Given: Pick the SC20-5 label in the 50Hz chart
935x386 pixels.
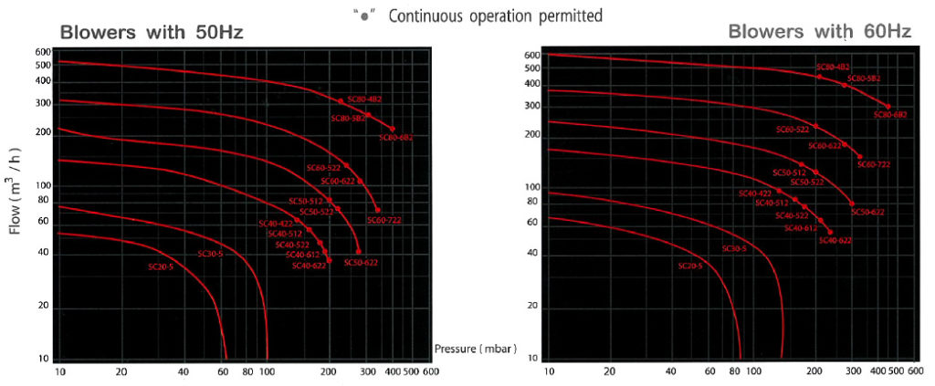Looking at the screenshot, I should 161,266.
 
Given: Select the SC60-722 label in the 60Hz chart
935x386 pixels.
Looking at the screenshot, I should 871,164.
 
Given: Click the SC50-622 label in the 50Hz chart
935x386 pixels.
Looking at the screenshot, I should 361,263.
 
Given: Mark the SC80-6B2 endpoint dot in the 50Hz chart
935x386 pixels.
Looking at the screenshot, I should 393,129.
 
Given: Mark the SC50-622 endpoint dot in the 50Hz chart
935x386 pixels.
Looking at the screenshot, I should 358,252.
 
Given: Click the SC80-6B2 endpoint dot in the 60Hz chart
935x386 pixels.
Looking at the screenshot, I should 888,107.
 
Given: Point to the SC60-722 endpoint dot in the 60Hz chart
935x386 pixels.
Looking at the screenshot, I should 859,156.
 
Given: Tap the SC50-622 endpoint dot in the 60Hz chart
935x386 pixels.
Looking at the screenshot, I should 852,203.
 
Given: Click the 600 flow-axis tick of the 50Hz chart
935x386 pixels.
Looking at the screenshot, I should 41,52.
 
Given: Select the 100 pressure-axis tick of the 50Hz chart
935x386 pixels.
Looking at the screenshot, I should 267,372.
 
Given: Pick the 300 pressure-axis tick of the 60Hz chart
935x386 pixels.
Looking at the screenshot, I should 851,372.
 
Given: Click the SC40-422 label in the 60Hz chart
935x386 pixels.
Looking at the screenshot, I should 755,193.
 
